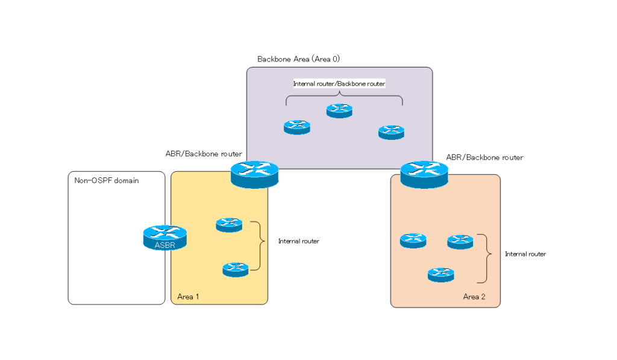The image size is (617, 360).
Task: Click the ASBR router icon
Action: click(164, 238)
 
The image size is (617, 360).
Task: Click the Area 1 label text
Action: click(188, 297)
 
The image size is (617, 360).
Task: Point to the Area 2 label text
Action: click(474, 297)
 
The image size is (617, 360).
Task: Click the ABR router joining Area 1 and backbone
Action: click(254, 174)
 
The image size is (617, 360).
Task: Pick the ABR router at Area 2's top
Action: click(424, 174)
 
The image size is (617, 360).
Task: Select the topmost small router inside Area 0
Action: click(339, 110)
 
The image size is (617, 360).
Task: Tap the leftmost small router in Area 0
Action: click(296, 127)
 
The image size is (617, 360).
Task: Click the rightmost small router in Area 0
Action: click(391, 132)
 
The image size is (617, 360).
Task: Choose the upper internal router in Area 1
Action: click(229, 224)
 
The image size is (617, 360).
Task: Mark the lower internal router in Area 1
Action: click(236, 269)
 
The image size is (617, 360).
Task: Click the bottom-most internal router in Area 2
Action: click(440, 274)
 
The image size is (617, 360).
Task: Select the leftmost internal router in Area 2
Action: click(413, 241)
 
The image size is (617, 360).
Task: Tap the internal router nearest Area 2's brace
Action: click(460, 242)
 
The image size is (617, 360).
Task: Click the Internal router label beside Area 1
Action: click(298, 241)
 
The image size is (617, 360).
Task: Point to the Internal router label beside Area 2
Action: click(525, 254)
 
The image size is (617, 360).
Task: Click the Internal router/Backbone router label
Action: click(339, 84)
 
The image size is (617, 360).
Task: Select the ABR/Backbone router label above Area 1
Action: click(204, 154)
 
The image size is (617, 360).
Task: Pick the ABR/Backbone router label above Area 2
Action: click(484, 157)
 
